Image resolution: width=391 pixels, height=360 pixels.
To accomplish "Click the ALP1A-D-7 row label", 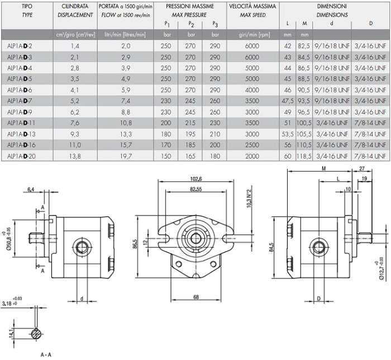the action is [x=20, y=101].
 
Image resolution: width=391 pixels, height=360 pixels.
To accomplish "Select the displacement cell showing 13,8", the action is [x=75, y=156].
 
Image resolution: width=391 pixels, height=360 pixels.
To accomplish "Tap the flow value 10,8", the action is [x=126, y=123].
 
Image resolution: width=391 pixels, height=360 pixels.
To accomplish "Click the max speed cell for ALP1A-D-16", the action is [x=252, y=145].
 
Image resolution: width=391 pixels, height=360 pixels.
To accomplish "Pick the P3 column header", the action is [x=215, y=24].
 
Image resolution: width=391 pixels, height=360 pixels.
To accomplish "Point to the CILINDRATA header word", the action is [x=75, y=6].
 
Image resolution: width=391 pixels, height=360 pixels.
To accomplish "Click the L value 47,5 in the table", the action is [x=288, y=101].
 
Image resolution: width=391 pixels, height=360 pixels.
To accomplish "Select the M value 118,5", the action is [x=304, y=156].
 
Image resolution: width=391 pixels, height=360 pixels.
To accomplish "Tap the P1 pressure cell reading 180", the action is [x=166, y=134].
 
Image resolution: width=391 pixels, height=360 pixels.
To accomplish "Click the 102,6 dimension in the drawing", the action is [x=195, y=179].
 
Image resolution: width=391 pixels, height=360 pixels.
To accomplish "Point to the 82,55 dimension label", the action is [x=195, y=189].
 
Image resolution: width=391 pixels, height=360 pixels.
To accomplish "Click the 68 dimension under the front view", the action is [x=196, y=297].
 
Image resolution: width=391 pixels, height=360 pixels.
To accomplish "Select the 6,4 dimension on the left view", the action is [x=31, y=190].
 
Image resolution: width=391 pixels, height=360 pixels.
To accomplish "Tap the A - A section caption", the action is [x=46, y=354].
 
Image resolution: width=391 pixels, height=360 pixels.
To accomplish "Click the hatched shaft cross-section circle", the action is [x=37, y=334].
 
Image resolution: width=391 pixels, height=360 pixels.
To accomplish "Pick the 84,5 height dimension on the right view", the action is [x=271, y=248].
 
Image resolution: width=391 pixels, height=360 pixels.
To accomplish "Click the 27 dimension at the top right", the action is [x=362, y=169].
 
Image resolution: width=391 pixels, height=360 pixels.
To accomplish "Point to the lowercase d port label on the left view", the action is [x=82, y=299].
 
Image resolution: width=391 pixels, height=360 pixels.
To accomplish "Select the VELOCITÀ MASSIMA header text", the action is [x=252, y=6].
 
